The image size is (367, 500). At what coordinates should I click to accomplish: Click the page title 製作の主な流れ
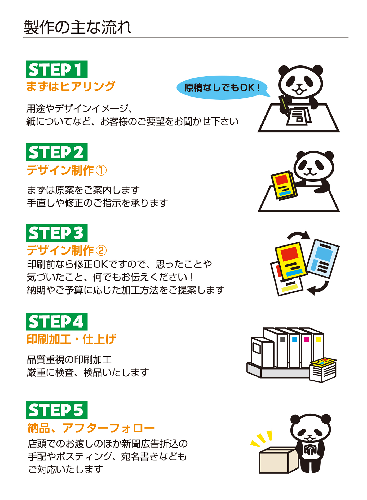click(78, 27)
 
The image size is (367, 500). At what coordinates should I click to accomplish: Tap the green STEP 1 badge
click(56, 69)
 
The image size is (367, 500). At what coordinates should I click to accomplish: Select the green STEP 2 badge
click(56, 152)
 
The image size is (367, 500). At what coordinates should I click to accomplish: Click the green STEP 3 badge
click(56, 233)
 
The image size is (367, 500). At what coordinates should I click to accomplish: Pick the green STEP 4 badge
click(56, 322)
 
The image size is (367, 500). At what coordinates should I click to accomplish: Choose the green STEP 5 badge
click(56, 410)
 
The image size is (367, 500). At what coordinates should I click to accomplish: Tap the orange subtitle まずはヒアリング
click(70, 86)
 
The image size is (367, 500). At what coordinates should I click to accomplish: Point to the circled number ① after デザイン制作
click(101, 170)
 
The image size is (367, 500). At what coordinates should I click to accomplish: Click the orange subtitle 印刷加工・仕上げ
click(71, 339)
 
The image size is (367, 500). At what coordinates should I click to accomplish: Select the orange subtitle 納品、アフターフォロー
click(91, 428)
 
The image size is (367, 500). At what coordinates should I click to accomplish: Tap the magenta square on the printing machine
click(306, 339)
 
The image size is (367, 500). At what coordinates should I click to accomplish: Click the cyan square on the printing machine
click(294, 339)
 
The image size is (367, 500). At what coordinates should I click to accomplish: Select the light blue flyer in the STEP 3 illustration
click(322, 258)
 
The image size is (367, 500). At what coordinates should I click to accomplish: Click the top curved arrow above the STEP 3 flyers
click(299, 234)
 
